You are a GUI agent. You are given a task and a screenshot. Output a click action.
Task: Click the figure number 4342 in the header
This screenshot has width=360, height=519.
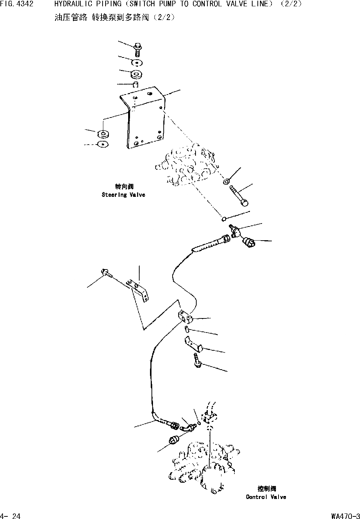coord(26,4)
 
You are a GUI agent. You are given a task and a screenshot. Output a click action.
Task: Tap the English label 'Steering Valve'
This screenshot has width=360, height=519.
coord(123,195)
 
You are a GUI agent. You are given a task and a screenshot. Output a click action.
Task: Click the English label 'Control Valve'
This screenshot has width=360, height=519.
coord(266,497)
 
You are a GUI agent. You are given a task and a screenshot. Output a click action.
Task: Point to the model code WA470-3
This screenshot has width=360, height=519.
coord(346,516)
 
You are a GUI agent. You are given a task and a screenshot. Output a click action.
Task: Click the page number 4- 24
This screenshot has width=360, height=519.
coord(10,516)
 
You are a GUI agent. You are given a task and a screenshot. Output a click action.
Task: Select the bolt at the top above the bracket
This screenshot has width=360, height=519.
coord(136,49)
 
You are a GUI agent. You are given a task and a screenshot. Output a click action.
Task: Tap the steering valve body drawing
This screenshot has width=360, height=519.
coord(185,165)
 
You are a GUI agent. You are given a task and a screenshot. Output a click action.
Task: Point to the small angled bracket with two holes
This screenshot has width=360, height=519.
coord(139,289)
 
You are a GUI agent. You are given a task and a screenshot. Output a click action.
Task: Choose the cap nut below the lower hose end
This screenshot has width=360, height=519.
coord(173,440)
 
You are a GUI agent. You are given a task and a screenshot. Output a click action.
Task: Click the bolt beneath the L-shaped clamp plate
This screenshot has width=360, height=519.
coord(197,361)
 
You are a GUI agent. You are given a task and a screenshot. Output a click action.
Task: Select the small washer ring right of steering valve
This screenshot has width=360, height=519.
coord(226,182)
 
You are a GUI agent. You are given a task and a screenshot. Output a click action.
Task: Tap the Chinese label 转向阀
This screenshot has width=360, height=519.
coord(124,186)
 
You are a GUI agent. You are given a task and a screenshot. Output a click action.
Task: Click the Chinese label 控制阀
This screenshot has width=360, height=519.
coord(266,489)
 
